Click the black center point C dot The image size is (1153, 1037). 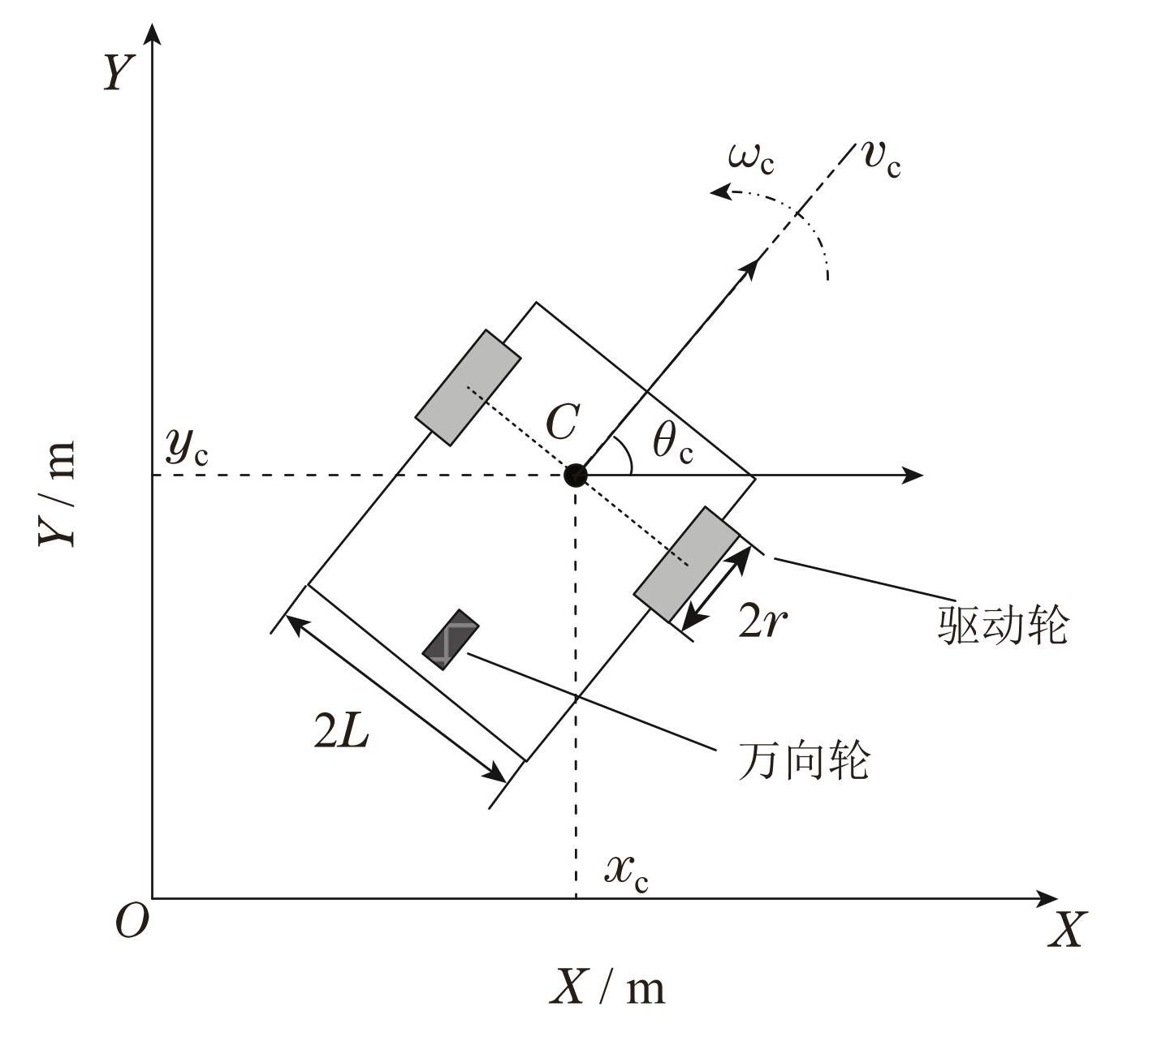click(x=575, y=475)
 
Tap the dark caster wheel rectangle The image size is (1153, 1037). click(x=451, y=639)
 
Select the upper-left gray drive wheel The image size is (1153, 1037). click(x=468, y=387)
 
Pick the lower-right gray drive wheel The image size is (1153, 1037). click(x=687, y=564)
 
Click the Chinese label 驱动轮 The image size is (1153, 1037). click(x=1002, y=625)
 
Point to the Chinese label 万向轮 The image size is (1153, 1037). click(x=804, y=760)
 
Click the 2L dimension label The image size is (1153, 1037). click(x=341, y=734)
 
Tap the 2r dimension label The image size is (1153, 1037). click(x=762, y=622)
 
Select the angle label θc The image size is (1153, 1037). click(x=673, y=443)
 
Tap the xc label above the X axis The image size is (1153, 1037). click(x=626, y=872)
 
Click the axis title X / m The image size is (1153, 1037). click(x=607, y=988)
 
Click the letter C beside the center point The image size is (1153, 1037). click(x=561, y=424)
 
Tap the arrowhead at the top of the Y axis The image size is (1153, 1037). click(x=153, y=34)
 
